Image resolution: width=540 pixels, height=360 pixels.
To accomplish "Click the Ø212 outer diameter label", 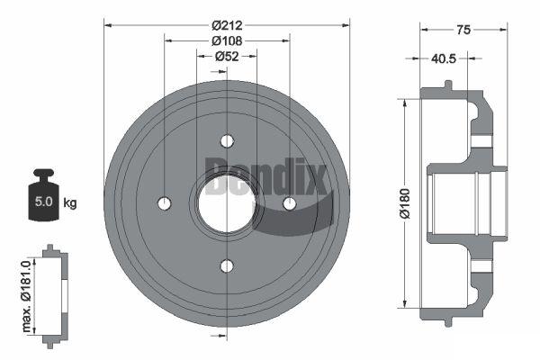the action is (x=227, y=25).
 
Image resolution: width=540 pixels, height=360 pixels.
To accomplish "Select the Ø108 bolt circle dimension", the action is (x=227, y=41).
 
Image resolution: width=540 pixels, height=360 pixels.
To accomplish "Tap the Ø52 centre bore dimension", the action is (x=227, y=56).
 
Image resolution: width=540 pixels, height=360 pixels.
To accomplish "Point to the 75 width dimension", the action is (x=463, y=30).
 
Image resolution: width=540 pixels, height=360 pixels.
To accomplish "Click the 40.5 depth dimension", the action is (x=444, y=58).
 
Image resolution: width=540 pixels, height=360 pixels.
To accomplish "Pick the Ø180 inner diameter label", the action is (x=405, y=203).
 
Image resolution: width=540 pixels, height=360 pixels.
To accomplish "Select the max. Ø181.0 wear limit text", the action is (x=26, y=296).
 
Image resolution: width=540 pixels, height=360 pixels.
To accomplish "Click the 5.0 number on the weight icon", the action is (x=44, y=202).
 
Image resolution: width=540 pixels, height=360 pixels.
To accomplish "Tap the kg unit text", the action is (x=70, y=202).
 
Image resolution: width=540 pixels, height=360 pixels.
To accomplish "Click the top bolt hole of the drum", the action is (x=227, y=141).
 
